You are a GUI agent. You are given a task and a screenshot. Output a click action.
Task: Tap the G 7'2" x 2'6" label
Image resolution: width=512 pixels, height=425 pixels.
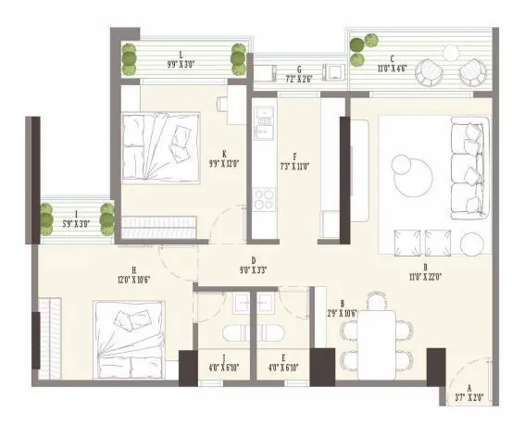click(293, 73)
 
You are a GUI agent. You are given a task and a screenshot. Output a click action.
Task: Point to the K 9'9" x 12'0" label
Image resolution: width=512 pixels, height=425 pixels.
click(224, 158)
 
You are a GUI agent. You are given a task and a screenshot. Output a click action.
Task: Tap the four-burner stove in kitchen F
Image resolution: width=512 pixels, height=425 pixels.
click(264, 200)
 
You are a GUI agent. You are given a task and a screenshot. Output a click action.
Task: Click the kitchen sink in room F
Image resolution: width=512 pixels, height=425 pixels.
click(266, 118)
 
